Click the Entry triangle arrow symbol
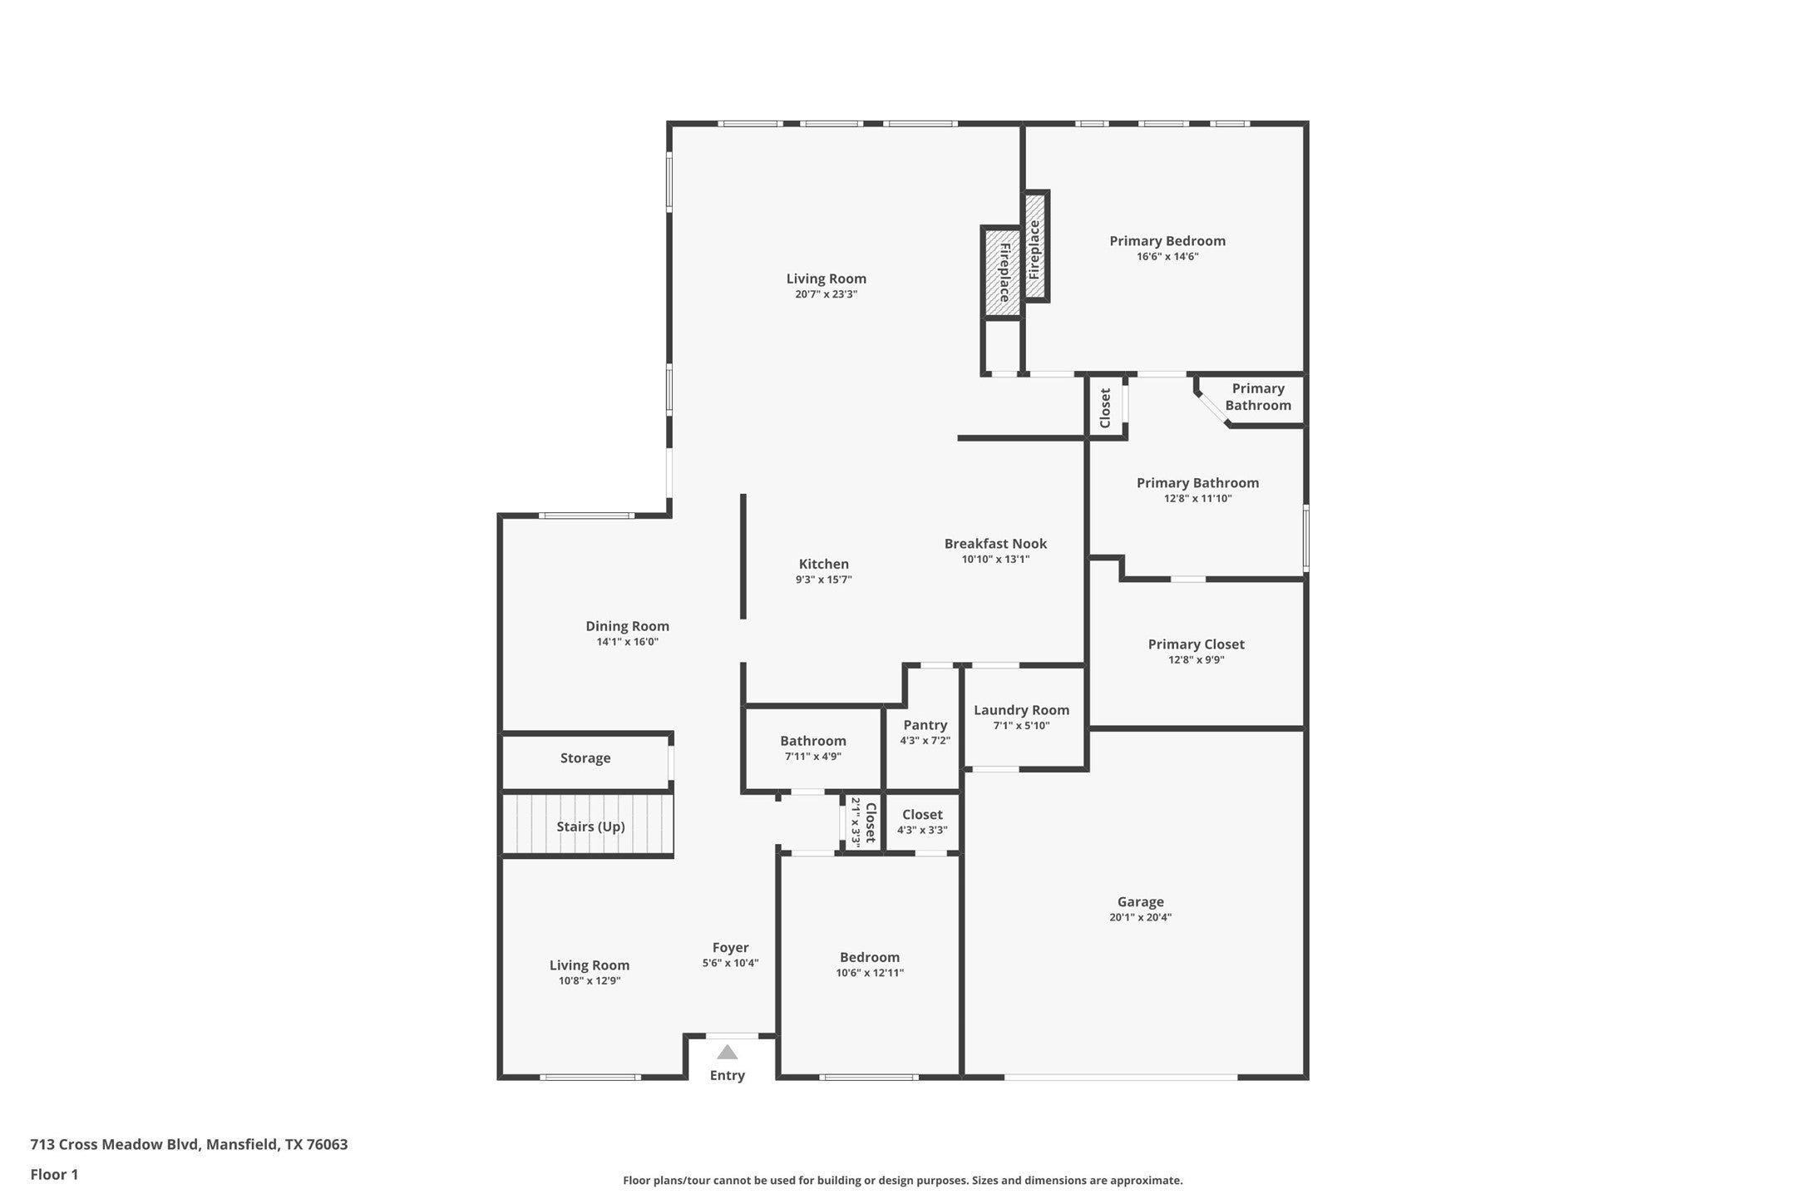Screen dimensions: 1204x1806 click(x=727, y=1052)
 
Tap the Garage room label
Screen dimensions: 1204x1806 click(x=1140, y=901)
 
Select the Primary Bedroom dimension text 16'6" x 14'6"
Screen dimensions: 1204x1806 click(x=1167, y=257)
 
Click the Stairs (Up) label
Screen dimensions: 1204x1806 click(x=590, y=827)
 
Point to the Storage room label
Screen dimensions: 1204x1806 click(x=585, y=758)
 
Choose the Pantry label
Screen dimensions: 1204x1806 click(x=925, y=725)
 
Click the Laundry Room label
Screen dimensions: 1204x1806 click(x=1021, y=710)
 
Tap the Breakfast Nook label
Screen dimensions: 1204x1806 click(x=995, y=544)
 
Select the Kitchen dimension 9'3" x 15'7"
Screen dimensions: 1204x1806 click(x=823, y=580)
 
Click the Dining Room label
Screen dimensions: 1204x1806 click(x=627, y=626)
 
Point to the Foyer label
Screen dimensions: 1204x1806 click(x=730, y=948)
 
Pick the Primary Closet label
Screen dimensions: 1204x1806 click(x=1196, y=644)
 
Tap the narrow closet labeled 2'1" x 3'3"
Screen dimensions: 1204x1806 click(x=863, y=822)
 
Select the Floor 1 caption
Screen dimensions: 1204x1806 click(x=54, y=1175)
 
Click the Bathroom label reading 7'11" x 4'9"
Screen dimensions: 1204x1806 click(x=812, y=741)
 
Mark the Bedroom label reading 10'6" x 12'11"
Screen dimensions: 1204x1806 click(x=869, y=957)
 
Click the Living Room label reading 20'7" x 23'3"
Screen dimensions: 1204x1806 click(x=826, y=279)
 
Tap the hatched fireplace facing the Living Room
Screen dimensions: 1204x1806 click(x=1003, y=272)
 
